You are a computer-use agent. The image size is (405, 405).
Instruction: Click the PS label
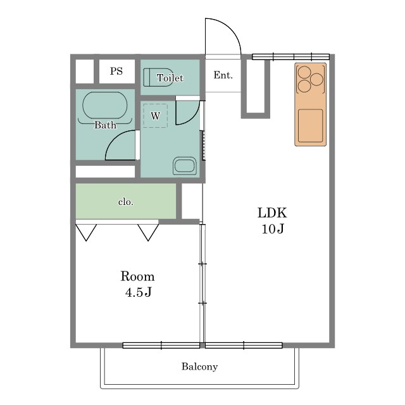(116, 71)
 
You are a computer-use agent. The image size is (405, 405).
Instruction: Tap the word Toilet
(170, 78)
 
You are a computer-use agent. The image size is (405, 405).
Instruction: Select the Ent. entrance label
(223, 75)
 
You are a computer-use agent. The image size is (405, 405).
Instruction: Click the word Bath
(105, 125)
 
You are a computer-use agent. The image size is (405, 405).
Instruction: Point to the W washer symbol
(156, 116)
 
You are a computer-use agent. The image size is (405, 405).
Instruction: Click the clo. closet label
(126, 202)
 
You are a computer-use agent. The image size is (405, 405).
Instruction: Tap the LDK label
(272, 213)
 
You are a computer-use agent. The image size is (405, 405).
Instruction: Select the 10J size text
(273, 228)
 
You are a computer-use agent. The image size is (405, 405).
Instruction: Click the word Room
(138, 277)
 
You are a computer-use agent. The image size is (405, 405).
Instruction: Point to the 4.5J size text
(138, 292)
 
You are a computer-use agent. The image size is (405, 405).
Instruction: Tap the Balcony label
(199, 367)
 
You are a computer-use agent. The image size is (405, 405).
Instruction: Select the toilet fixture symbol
(158, 77)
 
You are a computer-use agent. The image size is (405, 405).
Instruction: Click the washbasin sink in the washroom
(185, 165)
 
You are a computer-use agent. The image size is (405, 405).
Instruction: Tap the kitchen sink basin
(310, 125)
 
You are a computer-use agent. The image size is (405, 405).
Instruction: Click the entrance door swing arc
(231, 28)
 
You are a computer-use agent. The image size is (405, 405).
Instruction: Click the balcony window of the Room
(161, 346)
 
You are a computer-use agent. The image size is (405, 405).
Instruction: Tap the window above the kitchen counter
(290, 56)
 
